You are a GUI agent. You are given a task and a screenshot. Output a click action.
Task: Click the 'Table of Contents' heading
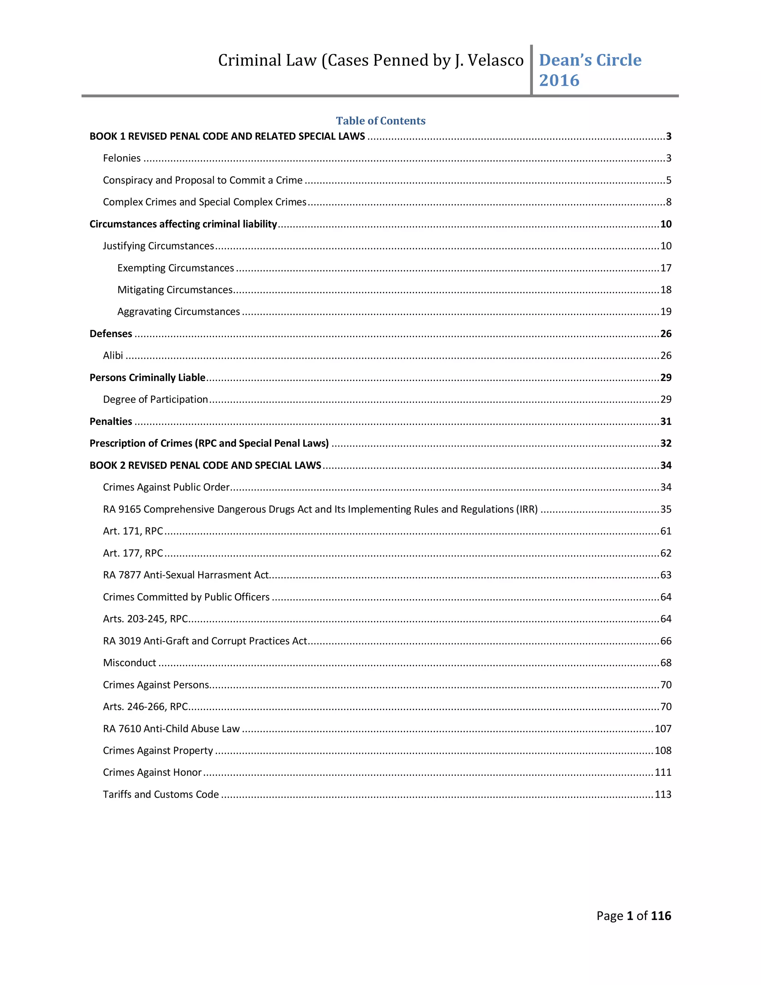(x=380, y=120)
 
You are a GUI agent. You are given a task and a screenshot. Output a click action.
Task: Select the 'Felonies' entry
(x=122, y=158)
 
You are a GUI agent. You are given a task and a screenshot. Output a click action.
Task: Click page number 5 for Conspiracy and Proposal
(x=668, y=180)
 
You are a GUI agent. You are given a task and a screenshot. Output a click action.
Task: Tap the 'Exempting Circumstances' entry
(x=175, y=268)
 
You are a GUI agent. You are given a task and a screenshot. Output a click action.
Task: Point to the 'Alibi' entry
(x=113, y=356)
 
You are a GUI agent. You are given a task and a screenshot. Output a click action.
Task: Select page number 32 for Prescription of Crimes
(x=666, y=443)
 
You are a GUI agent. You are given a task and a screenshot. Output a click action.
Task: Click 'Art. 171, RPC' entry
(x=133, y=531)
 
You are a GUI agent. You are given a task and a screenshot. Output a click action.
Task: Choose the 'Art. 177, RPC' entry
(x=133, y=553)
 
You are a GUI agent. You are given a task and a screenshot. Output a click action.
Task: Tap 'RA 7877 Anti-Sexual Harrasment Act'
(x=185, y=575)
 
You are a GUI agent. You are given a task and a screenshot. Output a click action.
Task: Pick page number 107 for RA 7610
(x=663, y=729)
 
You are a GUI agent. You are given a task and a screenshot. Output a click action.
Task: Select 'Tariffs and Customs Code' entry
(x=161, y=795)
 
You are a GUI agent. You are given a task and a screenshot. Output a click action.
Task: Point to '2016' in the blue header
(x=559, y=80)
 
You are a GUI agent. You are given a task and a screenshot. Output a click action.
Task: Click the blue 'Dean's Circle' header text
(x=590, y=60)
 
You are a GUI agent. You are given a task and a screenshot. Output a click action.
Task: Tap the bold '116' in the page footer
(x=661, y=916)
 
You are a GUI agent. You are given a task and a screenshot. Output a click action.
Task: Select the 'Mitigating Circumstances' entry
(x=175, y=290)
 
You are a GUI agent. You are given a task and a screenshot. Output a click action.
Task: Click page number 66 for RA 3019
(x=666, y=641)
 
